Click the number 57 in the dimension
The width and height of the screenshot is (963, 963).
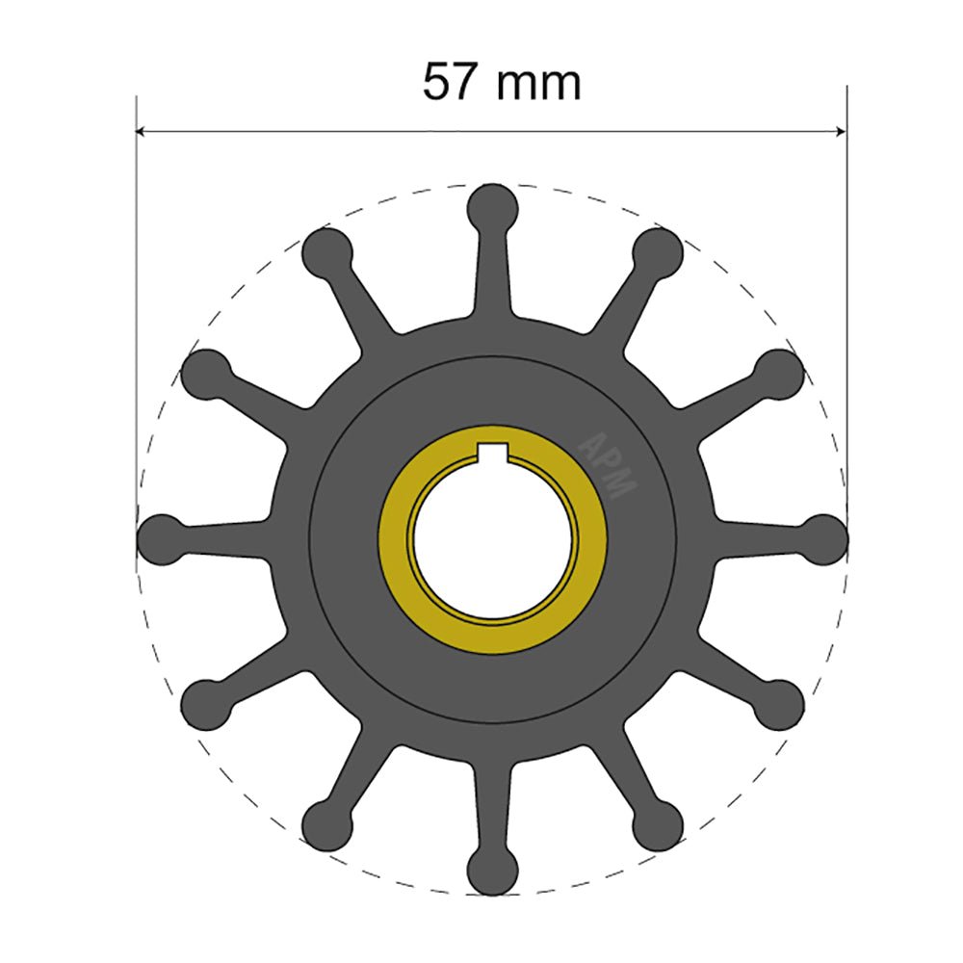pos(450,83)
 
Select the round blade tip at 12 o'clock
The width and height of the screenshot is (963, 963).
pos(493,206)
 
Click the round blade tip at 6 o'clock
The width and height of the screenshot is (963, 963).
pos(493,871)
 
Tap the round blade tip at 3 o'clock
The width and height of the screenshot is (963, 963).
pos(824,538)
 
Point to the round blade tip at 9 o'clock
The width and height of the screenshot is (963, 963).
pos(161,538)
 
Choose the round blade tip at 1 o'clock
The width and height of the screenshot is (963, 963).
pos(659,251)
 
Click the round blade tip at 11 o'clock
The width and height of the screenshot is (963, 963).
pos(327,251)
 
